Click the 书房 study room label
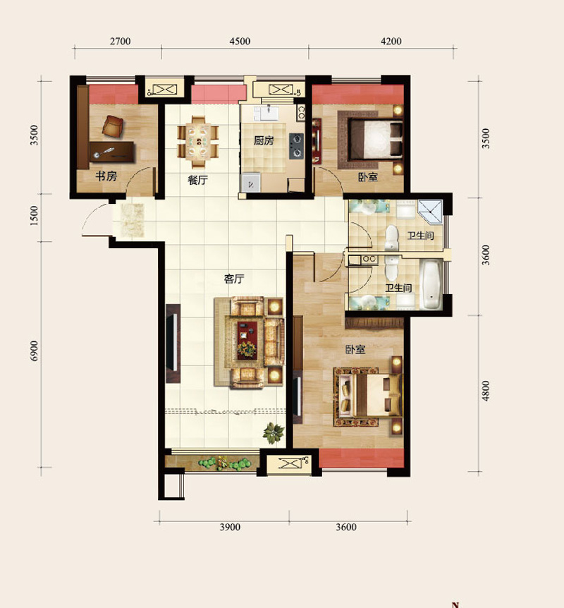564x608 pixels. pyautogui.click(x=106, y=176)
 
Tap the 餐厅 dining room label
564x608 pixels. pyautogui.click(x=197, y=180)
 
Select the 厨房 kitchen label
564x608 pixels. pyautogui.click(x=264, y=140)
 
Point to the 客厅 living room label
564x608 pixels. pyautogui.click(x=234, y=279)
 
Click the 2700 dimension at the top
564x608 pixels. pyautogui.click(x=120, y=41)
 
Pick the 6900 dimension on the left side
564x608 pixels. pyautogui.click(x=35, y=351)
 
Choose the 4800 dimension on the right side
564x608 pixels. pyautogui.click(x=485, y=391)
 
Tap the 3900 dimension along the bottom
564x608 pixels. pyautogui.click(x=230, y=527)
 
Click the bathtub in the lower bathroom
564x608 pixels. pyautogui.click(x=431, y=284)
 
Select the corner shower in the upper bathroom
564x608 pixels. pyautogui.click(x=430, y=212)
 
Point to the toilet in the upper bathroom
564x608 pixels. pyautogui.click(x=392, y=237)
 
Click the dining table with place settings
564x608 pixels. pyautogui.click(x=198, y=142)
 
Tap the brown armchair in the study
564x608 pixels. pyautogui.click(x=113, y=126)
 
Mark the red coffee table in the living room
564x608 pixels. pyautogui.click(x=247, y=340)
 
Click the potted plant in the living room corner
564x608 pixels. pyautogui.click(x=274, y=433)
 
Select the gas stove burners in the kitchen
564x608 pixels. pyautogui.click(x=297, y=146)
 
